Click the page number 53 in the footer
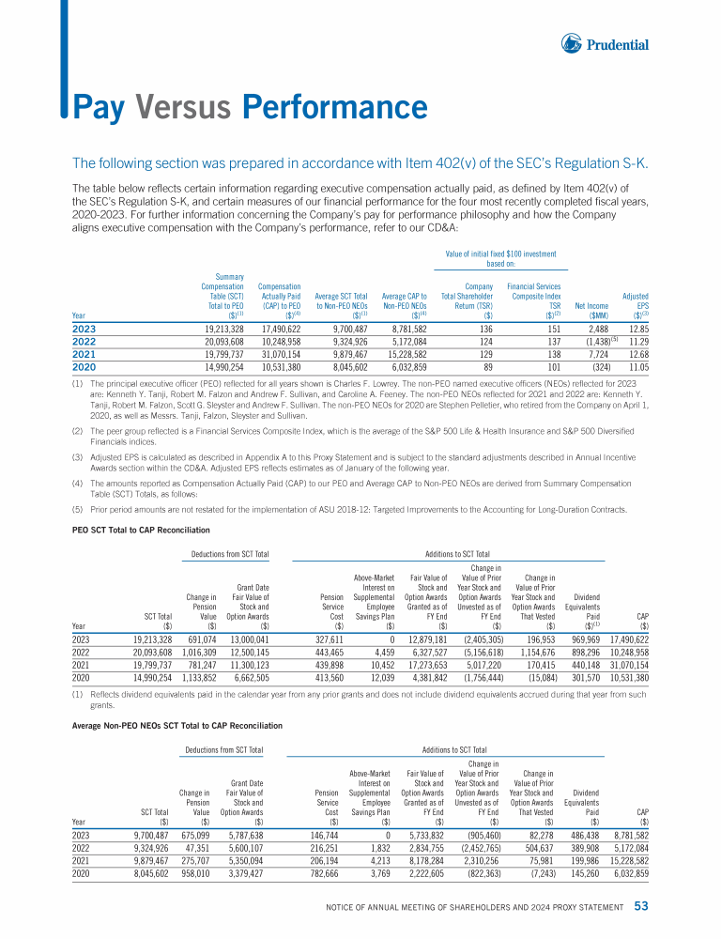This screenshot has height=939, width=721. pos(641,907)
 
